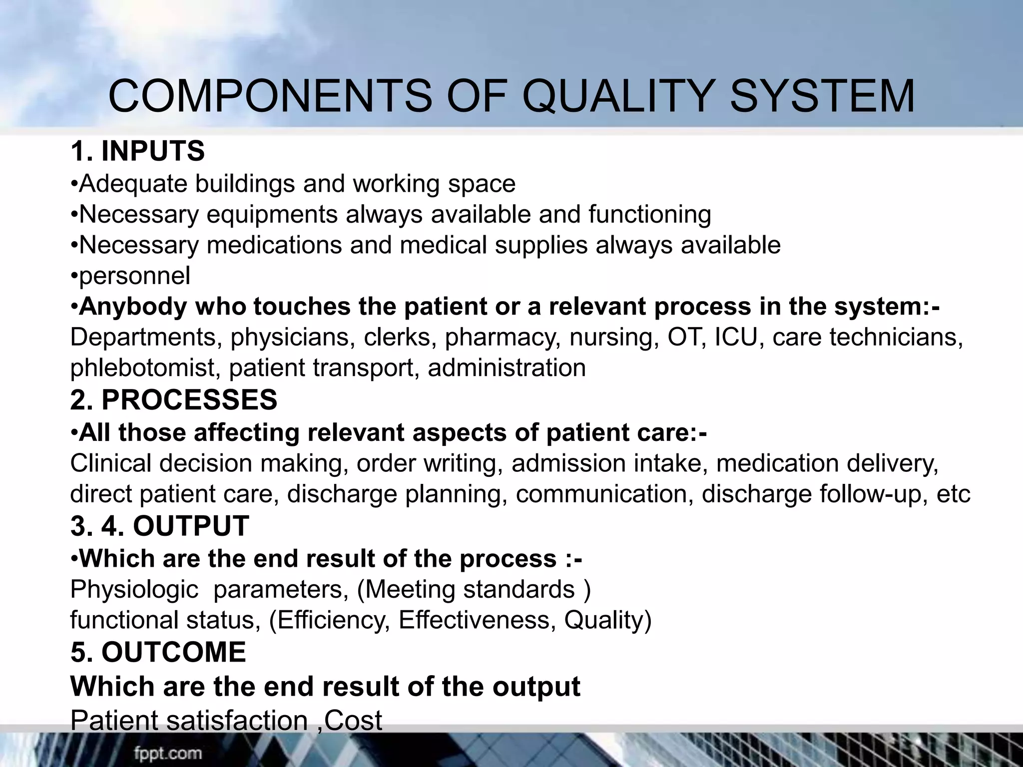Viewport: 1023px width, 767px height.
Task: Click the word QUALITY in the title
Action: pos(619,96)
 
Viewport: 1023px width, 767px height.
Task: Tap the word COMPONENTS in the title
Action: pos(270,96)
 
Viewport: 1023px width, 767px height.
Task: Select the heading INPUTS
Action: pos(153,151)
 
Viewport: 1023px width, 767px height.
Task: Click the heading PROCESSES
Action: pos(189,400)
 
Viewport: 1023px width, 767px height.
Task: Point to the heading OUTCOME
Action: pos(174,652)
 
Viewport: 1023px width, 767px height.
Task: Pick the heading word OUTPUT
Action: pos(191,526)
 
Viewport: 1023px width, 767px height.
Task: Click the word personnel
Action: pos(134,276)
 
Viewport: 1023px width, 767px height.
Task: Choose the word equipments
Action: pos(272,215)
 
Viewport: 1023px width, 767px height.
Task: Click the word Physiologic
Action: pos(134,589)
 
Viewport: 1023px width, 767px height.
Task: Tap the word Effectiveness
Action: pos(477,620)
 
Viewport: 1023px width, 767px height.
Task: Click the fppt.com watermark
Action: pos(167,753)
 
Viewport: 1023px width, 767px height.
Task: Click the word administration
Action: pos(507,368)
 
